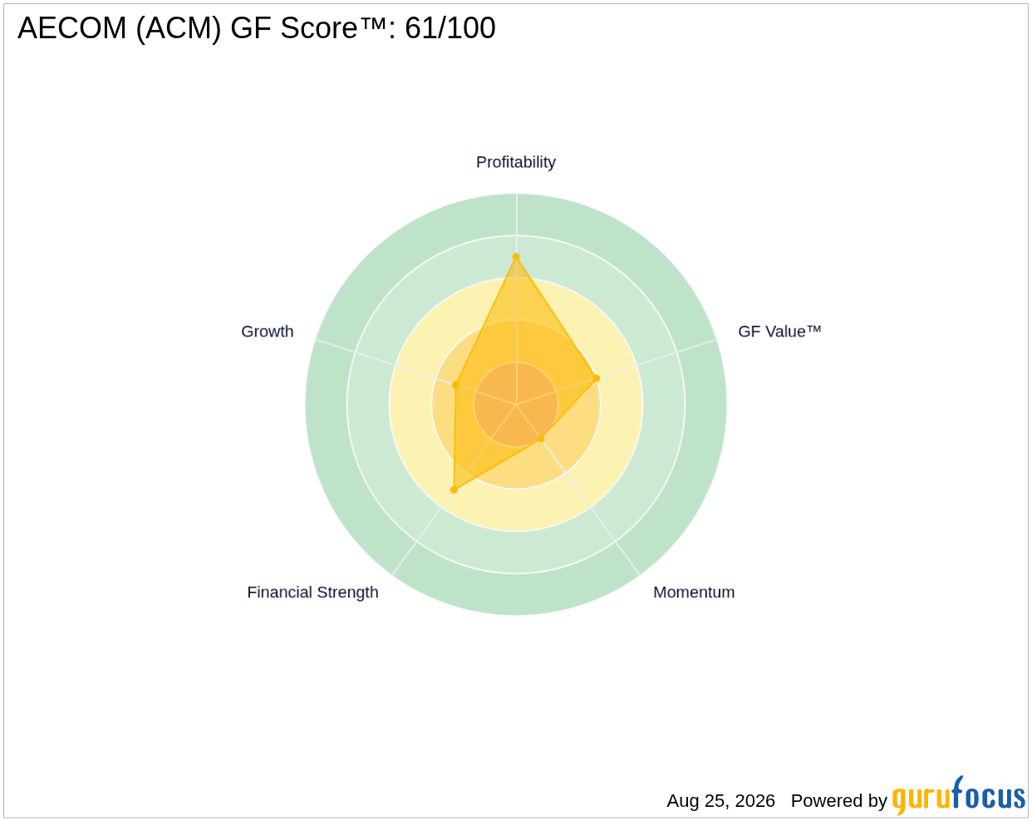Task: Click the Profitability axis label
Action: (x=515, y=162)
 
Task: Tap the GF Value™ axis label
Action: (x=779, y=332)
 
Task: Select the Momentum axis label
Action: (x=694, y=592)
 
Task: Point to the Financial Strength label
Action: (x=312, y=592)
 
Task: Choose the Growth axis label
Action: (x=267, y=332)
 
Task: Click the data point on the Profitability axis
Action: (x=516, y=257)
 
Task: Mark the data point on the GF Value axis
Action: (x=596, y=378)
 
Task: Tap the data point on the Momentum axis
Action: (x=540, y=438)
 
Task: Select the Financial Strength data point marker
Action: (x=454, y=489)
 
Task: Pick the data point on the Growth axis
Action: (x=455, y=385)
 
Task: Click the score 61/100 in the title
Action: (x=450, y=27)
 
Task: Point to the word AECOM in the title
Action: (x=72, y=27)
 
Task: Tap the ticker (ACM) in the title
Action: (x=179, y=29)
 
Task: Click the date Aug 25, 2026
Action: (x=720, y=800)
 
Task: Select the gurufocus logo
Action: (x=958, y=796)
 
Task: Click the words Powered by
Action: (x=838, y=800)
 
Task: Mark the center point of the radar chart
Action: (x=516, y=404)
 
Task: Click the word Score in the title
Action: (x=319, y=27)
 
